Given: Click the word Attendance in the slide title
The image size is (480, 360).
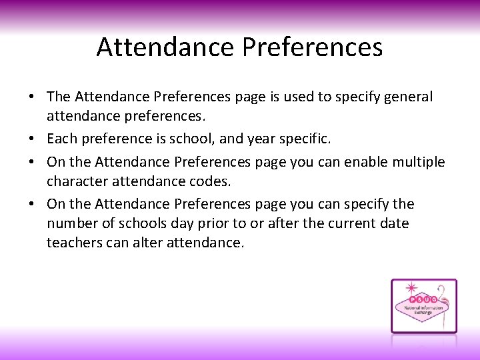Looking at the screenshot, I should (166, 47).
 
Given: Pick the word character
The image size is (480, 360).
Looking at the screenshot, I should (77, 181).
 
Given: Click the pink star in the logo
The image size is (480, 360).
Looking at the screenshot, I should (411, 289).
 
